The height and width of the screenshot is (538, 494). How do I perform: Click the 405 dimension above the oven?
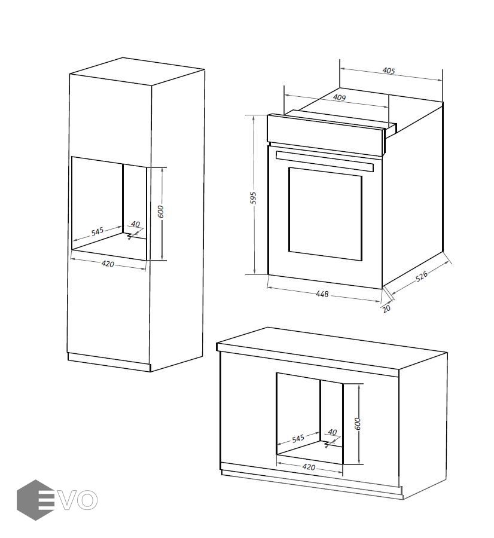pos(389,71)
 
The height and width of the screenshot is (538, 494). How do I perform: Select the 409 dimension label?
pos(339,97)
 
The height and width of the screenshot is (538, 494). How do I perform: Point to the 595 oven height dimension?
pos(253,198)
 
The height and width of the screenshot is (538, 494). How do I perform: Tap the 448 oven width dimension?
pos(322,294)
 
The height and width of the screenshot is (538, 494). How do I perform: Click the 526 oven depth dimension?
pos(422,276)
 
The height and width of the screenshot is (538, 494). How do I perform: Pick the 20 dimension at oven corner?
pos(386,308)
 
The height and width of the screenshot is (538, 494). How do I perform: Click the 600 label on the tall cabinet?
pos(161,212)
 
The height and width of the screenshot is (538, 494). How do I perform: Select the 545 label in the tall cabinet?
pos(97,231)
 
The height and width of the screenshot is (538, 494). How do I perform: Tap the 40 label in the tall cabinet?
pos(136,224)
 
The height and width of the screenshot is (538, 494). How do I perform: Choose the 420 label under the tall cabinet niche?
pos(108,264)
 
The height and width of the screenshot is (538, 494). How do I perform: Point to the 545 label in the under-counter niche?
pos(298,439)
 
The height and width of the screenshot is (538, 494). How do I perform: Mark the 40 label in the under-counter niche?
pos(333,432)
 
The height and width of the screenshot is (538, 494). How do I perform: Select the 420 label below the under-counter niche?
pos(309,467)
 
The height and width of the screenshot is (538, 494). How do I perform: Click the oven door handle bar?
pos(324,161)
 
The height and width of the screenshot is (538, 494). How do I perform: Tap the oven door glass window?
pos(325,214)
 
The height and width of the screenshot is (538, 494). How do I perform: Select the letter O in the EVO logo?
pos(86,500)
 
